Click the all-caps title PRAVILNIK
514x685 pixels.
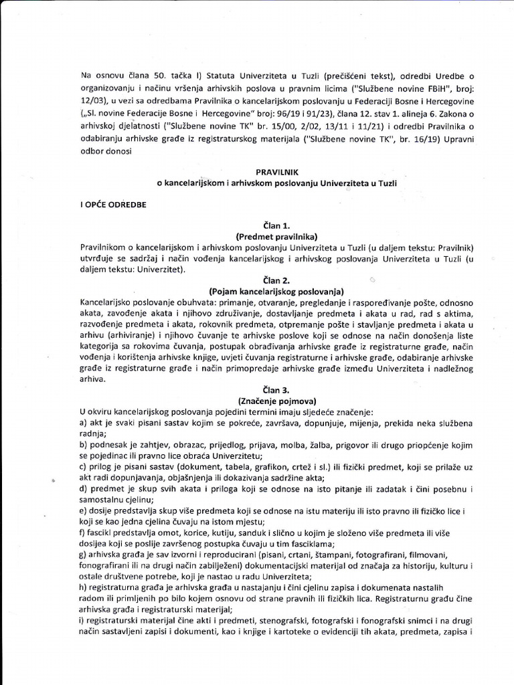276,172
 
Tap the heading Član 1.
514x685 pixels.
276,226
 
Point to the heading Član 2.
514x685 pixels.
276,281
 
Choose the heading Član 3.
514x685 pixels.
276,389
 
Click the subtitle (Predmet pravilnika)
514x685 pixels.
276,237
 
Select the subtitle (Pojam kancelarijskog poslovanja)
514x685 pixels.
276,292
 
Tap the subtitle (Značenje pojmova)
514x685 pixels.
276,400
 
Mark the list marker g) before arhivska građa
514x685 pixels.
84,555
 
